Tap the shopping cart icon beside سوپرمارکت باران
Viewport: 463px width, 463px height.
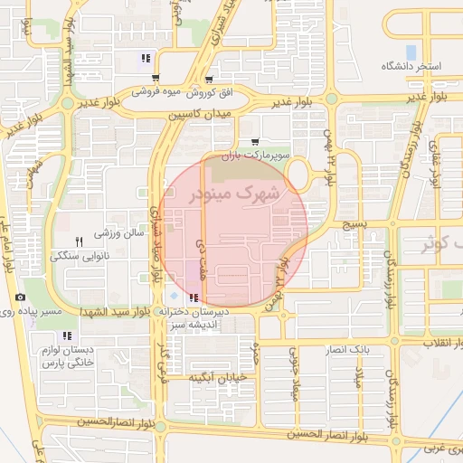click(x=255, y=142)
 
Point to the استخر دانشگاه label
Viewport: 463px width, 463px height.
click(x=411, y=67)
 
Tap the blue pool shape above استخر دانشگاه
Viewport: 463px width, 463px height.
click(x=411, y=52)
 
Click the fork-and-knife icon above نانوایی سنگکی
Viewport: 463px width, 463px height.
click(x=79, y=241)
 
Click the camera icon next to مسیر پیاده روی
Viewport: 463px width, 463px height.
click(x=20, y=298)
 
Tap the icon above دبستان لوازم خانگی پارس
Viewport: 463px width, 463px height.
click(x=68, y=335)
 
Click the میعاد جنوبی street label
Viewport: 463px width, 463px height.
click(x=293, y=373)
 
